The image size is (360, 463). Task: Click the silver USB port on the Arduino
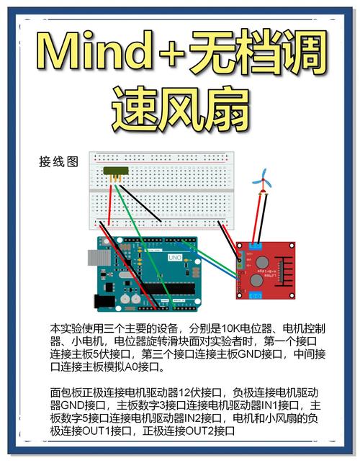(x=94, y=259)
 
